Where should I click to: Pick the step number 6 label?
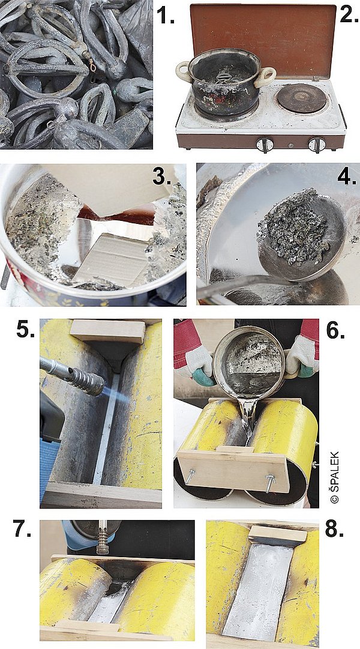click(x=335, y=330)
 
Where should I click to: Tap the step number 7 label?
click(x=22, y=528)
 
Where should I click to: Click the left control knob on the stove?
click(x=265, y=145)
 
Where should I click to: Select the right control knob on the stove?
click(x=317, y=145)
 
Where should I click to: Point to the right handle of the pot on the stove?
click(x=266, y=77)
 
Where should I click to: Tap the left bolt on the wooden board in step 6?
click(x=190, y=475)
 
